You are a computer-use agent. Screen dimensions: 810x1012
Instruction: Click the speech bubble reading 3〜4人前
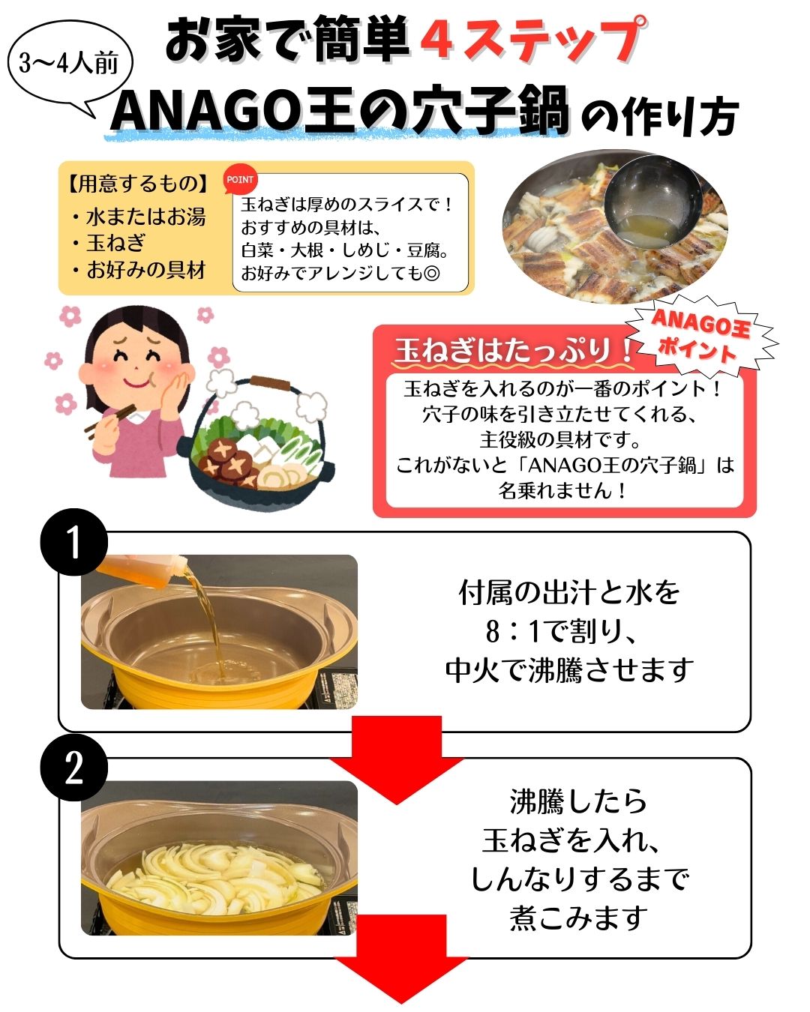tap(70, 65)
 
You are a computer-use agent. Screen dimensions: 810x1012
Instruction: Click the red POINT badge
tap(240, 179)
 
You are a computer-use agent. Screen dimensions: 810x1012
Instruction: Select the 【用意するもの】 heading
tap(138, 184)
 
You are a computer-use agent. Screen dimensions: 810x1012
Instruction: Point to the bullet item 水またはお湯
tap(138, 217)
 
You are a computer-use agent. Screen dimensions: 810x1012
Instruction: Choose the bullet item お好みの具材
tap(138, 270)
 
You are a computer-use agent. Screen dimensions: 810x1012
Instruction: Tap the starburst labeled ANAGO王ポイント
tap(701, 337)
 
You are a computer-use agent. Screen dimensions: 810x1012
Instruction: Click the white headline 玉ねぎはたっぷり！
tap(513, 350)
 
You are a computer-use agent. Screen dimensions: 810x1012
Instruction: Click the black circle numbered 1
tap(74, 542)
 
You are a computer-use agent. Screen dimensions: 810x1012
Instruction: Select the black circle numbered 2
tap(74, 768)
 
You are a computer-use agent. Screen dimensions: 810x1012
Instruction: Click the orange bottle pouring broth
tap(141, 570)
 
